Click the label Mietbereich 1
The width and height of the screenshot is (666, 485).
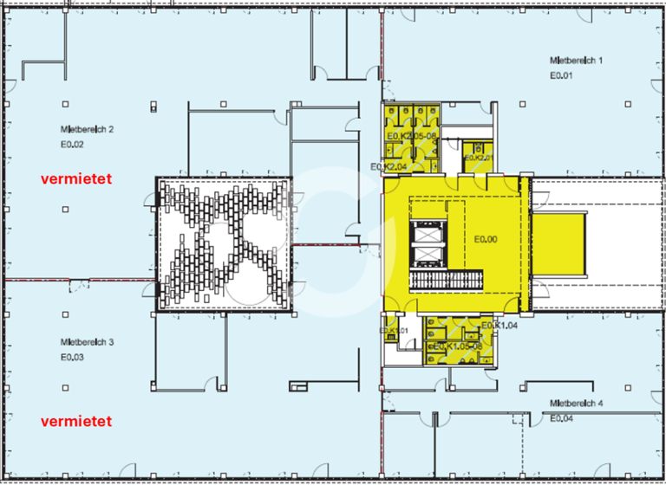[x=576, y=61]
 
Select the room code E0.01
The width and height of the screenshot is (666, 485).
[x=561, y=76]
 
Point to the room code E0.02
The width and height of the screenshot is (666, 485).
[x=72, y=144]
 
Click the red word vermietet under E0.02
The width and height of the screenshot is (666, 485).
[x=79, y=178]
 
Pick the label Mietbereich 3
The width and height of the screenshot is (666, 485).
[x=88, y=341]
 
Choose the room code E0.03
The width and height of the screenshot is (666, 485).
[x=72, y=357]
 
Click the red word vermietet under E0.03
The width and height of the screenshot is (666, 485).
[x=79, y=422]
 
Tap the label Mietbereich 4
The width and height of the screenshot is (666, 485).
[x=576, y=404]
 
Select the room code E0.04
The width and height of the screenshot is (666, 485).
[x=561, y=418]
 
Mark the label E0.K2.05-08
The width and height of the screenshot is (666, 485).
[x=414, y=137]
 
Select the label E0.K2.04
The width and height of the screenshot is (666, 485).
[x=388, y=166]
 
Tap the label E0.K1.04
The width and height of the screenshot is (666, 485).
[x=499, y=325]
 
